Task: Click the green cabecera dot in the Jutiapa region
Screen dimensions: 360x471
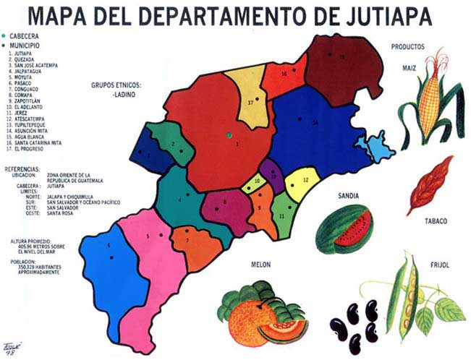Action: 227,134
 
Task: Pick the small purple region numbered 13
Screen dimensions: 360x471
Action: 272,173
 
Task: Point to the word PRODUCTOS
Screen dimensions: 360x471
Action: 408,48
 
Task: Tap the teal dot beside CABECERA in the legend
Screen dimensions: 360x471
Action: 4,35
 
